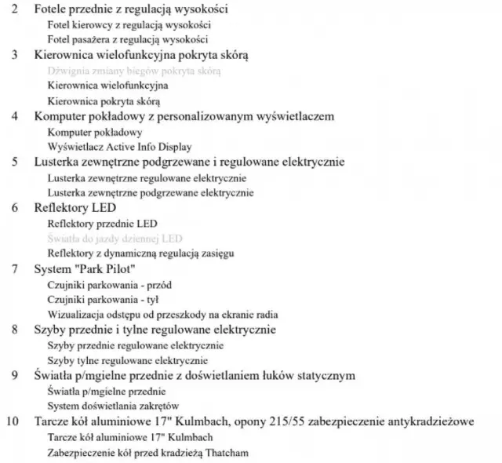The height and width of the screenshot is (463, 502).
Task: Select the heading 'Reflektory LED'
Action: point(75,207)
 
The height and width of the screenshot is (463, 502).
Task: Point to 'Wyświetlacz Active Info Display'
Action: point(119,147)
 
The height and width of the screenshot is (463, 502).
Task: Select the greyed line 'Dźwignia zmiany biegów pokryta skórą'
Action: point(134,71)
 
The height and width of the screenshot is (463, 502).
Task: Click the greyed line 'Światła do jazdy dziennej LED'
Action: point(115,238)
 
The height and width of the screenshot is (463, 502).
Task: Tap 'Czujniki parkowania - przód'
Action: point(109,284)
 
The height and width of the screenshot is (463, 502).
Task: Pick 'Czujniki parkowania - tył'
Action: point(104,299)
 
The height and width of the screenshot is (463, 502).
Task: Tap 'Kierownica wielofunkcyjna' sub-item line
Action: point(108,86)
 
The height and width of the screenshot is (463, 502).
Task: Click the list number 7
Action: point(15,268)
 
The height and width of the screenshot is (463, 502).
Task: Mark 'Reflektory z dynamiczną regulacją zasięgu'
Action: point(141,253)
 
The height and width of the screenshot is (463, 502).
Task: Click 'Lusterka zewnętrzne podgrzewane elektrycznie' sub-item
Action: point(151,192)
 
